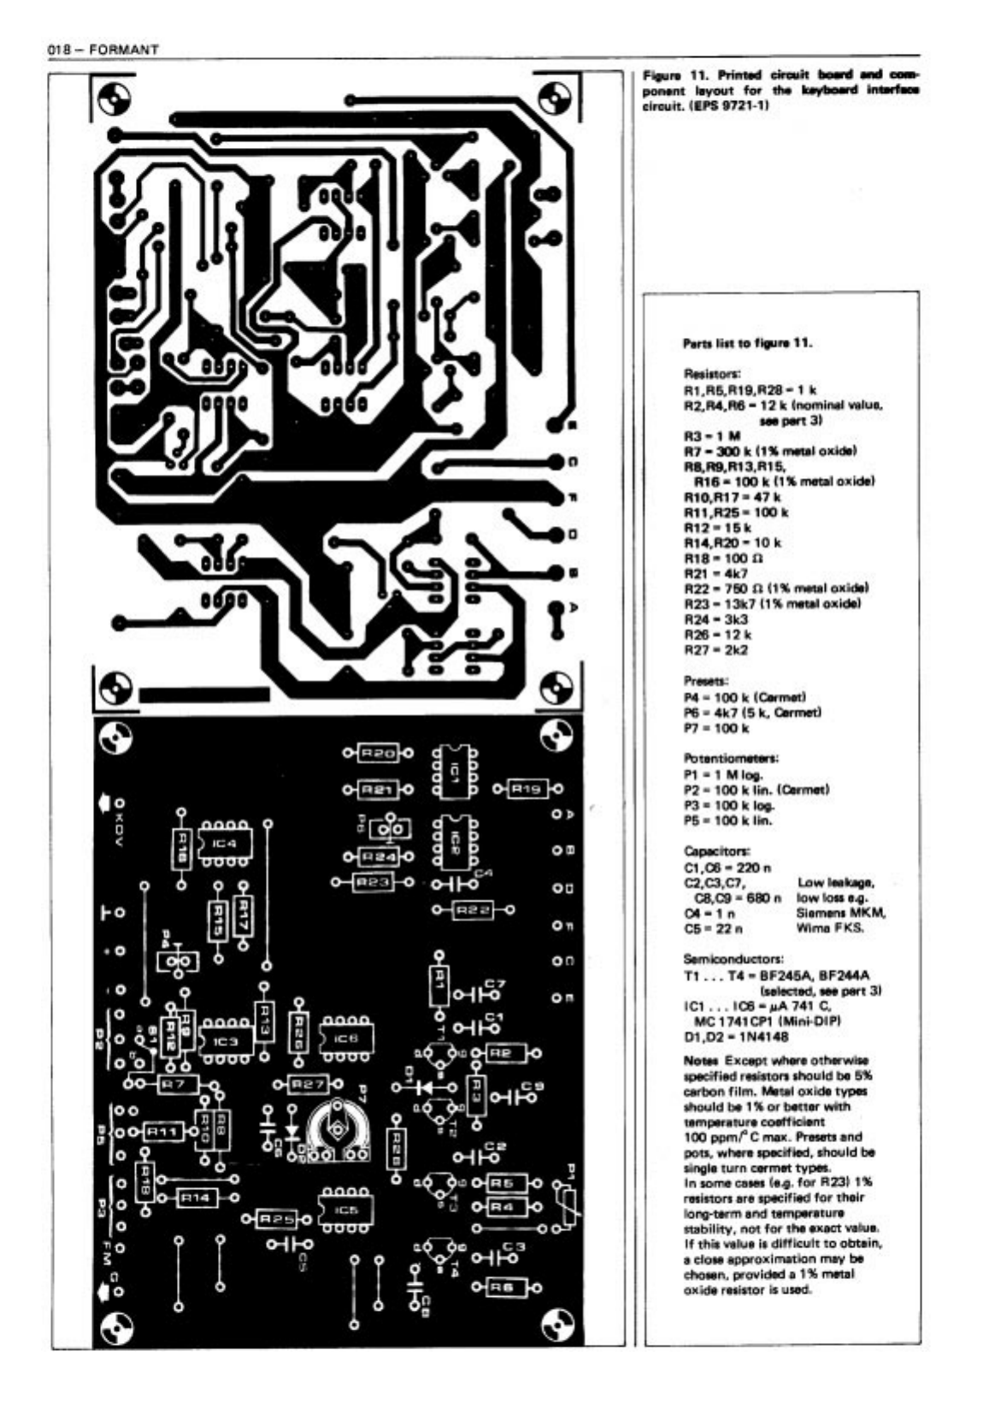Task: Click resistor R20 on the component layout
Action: click(x=377, y=754)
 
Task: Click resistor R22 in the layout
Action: click(x=472, y=910)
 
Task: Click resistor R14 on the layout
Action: click(x=196, y=1199)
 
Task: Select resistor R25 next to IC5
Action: click(x=276, y=1217)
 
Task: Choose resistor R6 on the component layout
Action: click(x=506, y=1287)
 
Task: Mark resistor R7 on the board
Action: click(x=174, y=1084)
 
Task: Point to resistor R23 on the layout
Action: click(x=374, y=881)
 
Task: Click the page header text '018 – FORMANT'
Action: click(x=103, y=50)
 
